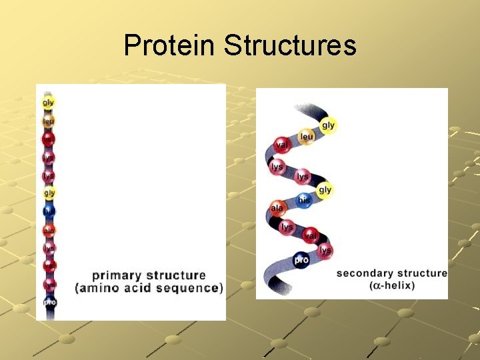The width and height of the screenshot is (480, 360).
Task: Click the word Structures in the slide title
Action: pos(290,46)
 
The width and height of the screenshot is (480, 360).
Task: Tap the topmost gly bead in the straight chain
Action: pos(49,103)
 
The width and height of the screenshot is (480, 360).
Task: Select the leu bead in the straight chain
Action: pos(49,121)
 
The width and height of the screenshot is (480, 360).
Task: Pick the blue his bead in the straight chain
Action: pos(49,211)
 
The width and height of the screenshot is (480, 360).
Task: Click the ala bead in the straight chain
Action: pos(49,230)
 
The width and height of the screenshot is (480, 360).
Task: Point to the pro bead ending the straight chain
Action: pos(49,302)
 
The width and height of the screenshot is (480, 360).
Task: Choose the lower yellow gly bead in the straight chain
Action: pos(49,193)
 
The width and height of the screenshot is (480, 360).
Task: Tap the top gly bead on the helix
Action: pos(328,125)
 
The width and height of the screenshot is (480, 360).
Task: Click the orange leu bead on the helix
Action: pos(306,137)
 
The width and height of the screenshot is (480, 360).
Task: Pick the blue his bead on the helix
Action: pos(303,200)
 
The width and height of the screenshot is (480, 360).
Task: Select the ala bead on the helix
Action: pos(277,208)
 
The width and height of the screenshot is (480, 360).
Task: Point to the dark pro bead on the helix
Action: pos(301,259)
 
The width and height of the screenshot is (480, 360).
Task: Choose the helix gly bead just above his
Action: pos(325,190)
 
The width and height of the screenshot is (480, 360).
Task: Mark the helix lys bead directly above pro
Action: pos(287,227)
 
